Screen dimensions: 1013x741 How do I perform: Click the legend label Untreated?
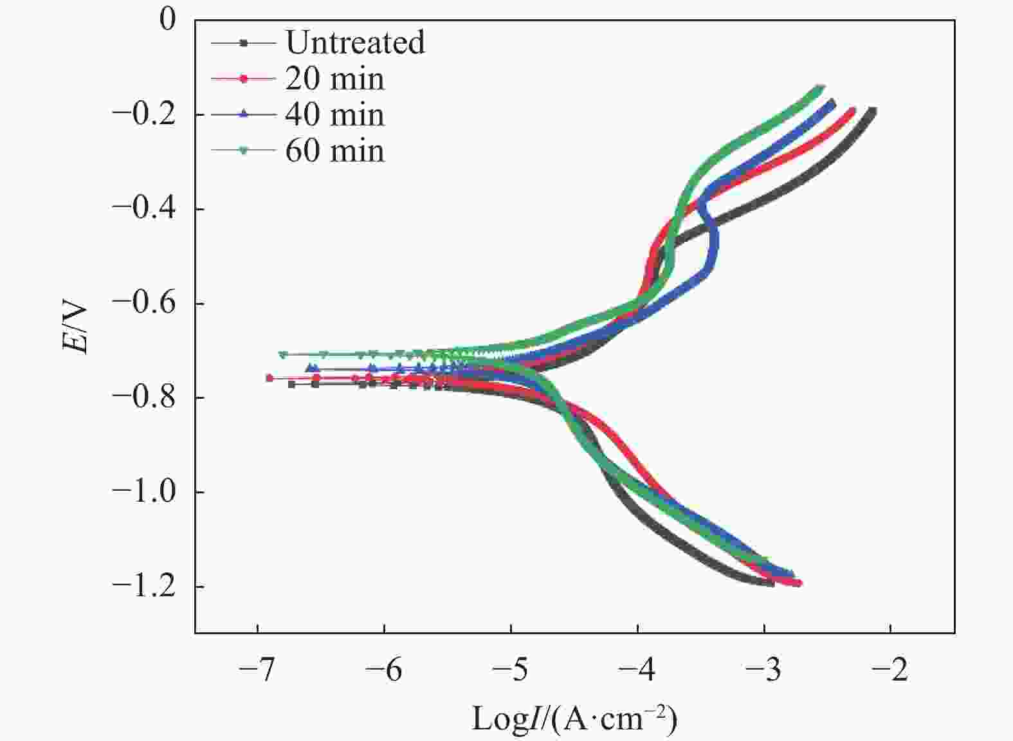(x=356, y=42)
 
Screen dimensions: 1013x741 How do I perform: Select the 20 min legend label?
(x=335, y=78)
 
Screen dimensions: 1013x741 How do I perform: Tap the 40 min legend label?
(x=335, y=114)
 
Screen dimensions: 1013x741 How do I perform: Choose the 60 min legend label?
(x=335, y=151)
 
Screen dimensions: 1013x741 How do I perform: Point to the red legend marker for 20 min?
(x=244, y=78)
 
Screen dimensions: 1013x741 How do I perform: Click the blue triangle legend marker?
(x=244, y=114)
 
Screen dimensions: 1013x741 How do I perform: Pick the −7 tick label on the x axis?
(x=257, y=670)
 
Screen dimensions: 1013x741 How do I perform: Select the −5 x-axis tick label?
(x=511, y=670)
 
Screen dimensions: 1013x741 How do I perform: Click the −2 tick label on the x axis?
(x=890, y=670)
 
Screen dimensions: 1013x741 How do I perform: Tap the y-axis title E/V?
(x=74, y=328)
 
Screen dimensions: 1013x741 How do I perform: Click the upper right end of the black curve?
(x=872, y=111)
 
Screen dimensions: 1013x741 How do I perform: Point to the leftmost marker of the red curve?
(x=269, y=378)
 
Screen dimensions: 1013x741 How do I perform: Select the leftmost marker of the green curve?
(x=283, y=354)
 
